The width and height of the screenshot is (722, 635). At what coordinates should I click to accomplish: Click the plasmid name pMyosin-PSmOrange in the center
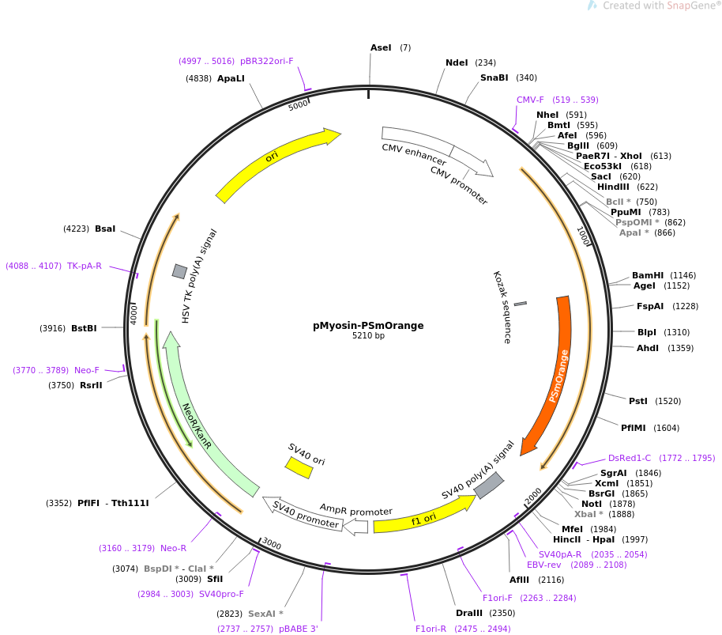click(368, 325)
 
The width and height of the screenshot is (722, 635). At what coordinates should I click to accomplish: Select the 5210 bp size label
click(368, 336)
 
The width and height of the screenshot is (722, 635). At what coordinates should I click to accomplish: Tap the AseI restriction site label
click(381, 48)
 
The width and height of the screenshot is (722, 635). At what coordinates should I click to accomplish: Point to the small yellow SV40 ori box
click(299, 467)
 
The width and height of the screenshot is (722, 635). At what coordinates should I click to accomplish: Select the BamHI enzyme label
click(648, 275)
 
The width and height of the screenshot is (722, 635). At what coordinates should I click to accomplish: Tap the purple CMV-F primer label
click(530, 100)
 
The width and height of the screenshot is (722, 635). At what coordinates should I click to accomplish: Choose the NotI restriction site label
click(591, 504)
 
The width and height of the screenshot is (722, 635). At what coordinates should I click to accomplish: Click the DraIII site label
click(469, 613)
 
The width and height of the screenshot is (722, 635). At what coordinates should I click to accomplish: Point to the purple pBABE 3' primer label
click(299, 629)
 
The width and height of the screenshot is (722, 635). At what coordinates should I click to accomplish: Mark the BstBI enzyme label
click(84, 328)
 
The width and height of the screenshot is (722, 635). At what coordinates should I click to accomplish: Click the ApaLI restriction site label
click(231, 78)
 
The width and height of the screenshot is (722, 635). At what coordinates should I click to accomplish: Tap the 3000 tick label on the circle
click(272, 544)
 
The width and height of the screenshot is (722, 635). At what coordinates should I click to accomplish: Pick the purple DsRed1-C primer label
click(629, 458)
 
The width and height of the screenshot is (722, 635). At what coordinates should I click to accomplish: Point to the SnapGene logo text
click(660, 6)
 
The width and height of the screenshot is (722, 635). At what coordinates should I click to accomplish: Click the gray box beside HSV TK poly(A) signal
click(180, 271)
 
